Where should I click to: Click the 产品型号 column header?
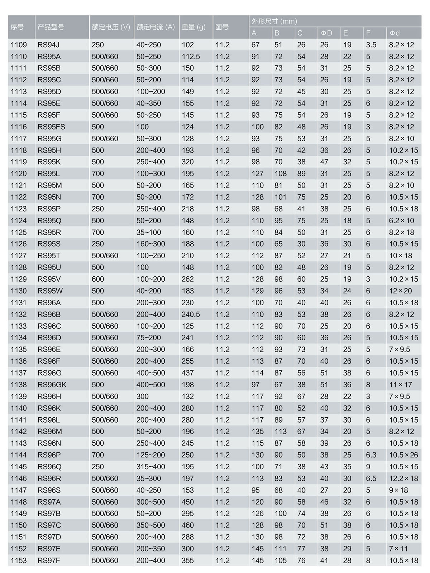click(51, 27)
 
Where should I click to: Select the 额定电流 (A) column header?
click(156, 27)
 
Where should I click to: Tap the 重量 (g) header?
click(193, 27)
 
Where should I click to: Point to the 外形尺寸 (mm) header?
click(274, 21)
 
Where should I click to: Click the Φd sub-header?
click(395, 33)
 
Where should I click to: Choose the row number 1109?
click(19, 45)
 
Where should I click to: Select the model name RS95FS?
click(51, 127)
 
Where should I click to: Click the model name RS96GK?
click(52, 385)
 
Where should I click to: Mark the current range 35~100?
click(149, 232)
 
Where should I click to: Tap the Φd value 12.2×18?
click(403, 479)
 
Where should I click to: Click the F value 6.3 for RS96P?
click(371, 455)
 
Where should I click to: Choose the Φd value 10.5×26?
click(403, 455)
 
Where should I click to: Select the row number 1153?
click(19, 560)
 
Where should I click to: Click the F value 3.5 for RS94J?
click(371, 45)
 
